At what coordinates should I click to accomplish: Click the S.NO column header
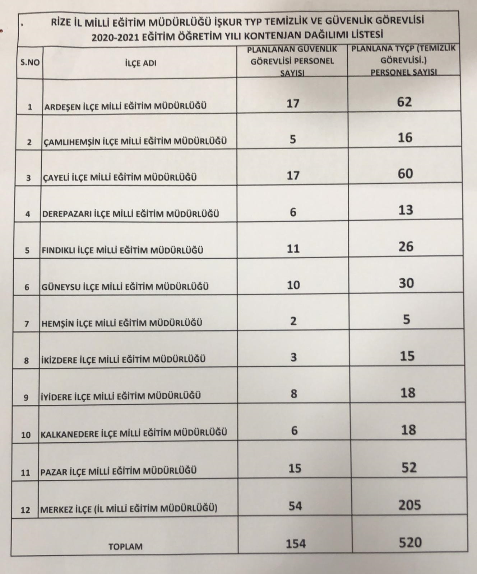click(30, 63)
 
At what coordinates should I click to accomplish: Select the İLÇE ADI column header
click(140, 63)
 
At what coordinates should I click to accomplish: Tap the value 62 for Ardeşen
click(404, 102)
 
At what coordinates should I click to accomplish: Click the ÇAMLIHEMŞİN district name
click(135, 141)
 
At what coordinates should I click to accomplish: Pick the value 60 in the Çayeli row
click(405, 174)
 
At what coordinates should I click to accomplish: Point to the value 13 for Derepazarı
click(406, 210)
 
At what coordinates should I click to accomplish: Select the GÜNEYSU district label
click(125, 287)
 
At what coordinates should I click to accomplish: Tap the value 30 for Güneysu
click(406, 283)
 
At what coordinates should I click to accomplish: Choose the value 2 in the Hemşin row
click(293, 321)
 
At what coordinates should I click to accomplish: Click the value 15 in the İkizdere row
click(407, 356)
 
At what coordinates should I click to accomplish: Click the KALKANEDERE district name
click(134, 433)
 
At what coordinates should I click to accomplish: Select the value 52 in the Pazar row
click(409, 467)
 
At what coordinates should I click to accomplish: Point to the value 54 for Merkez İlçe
click(295, 506)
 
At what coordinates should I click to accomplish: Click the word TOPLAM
click(125, 546)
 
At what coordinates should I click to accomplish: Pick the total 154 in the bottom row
click(296, 544)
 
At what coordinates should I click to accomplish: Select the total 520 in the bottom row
click(410, 542)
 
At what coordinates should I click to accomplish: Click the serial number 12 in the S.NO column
click(25, 509)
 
